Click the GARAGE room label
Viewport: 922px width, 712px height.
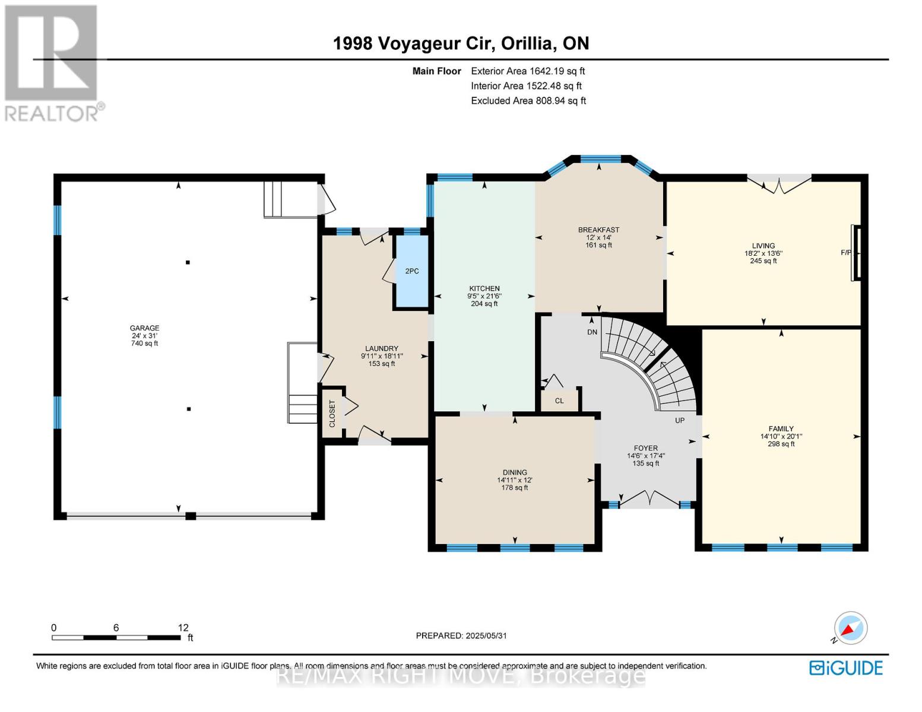144,328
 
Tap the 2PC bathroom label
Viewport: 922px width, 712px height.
411,271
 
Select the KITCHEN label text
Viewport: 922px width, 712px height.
484,288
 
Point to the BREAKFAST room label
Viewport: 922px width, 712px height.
598,230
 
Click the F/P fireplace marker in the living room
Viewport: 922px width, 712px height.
846,253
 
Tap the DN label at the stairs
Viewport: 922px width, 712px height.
592,332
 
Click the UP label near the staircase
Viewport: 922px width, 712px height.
680,421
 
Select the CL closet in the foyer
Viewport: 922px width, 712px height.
559,401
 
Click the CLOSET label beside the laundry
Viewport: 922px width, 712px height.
332,413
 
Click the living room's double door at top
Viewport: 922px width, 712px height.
779,185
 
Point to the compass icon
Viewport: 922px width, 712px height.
850,628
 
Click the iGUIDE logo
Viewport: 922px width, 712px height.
846,668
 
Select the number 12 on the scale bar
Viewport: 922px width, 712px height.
183,628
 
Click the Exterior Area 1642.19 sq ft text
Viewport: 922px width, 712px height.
528,71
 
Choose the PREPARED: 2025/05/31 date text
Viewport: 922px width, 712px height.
461,636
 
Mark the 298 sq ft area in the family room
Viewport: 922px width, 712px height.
781,444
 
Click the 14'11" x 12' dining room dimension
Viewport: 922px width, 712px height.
514,480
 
